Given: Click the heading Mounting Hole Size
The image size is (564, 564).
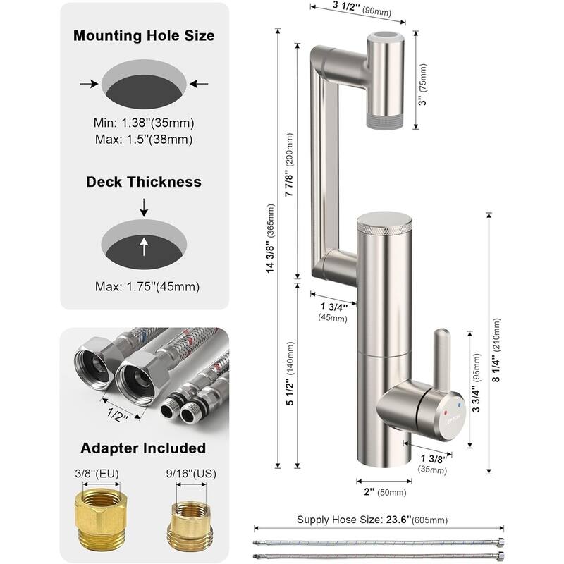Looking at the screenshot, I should click(144, 35).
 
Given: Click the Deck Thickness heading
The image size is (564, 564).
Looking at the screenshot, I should click(144, 182).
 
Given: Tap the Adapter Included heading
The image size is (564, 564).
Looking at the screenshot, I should click(143, 448).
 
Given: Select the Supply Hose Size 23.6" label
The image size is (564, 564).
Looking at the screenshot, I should click(378, 520).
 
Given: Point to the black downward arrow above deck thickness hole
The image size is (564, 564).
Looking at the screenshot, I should click(144, 207).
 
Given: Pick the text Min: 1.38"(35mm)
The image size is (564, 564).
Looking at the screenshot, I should click(144, 122).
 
